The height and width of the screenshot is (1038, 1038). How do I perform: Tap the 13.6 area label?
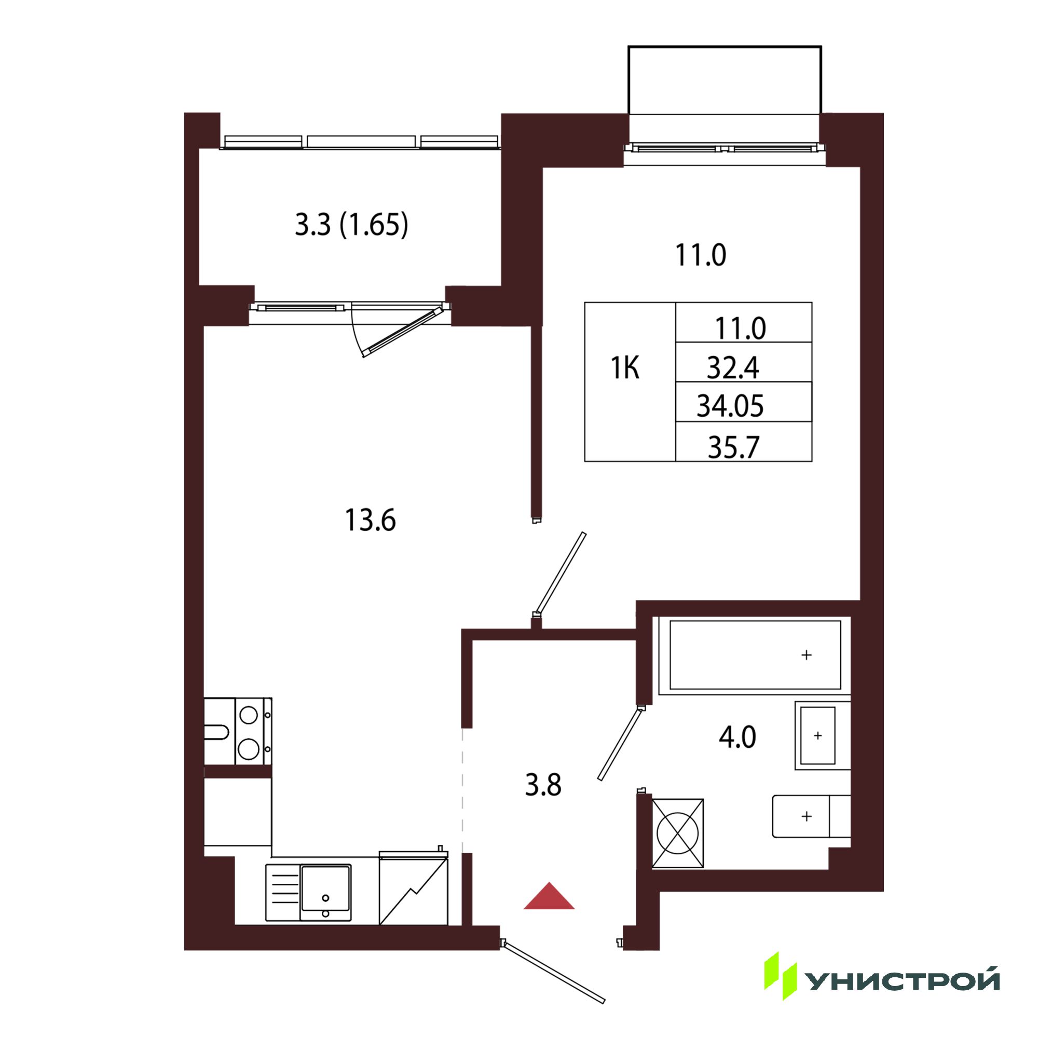pyautogui.click(x=370, y=520)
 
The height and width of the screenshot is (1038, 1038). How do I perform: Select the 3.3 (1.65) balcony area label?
pyautogui.click(x=351, y=225)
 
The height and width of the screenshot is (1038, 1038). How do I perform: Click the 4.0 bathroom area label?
pyautogui.click(x=737, y=736)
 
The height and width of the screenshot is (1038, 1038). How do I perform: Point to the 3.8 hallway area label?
pyautogui.click(x=543, y=785)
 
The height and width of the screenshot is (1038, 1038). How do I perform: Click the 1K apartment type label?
pyautogui.click(x=625, y=368)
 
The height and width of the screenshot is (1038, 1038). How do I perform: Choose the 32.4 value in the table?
pyautogui.click(x=733, y=368)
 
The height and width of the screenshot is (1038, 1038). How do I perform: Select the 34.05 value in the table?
pyautogui.click(x=730, y=406)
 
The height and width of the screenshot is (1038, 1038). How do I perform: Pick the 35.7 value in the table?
pyautogui.click(x=733, y=447)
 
